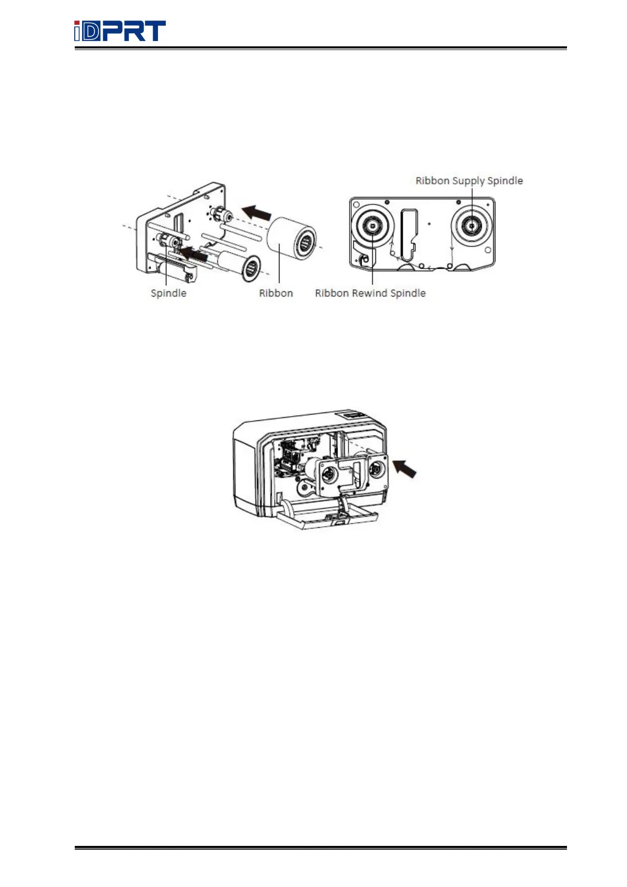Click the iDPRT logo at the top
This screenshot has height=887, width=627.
120,31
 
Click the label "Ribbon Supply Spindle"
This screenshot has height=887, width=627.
469,181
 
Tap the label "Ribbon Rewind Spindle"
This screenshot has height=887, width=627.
370,293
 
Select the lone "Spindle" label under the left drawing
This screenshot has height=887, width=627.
168,293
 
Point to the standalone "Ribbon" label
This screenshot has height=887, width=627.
276,293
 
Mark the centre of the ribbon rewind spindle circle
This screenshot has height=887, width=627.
372,225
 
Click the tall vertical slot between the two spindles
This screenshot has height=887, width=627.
409,234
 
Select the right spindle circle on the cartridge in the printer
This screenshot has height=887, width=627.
376,469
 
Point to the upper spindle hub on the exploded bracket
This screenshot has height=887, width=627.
221,215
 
